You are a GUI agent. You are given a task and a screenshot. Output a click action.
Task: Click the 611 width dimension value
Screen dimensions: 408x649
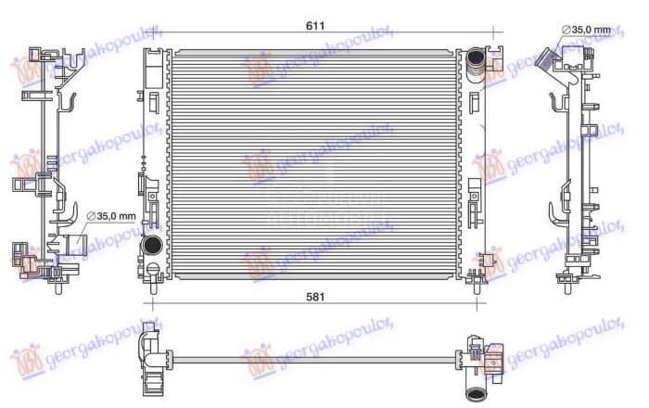(x=316, y=24)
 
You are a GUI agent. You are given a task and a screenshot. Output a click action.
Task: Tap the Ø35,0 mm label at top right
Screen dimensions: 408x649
(x=589, y=31)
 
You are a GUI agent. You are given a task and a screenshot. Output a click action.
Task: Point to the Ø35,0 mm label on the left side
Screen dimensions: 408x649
(x=111, y=217)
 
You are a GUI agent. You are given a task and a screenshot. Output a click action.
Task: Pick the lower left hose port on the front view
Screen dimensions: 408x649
(x=150, y=247)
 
